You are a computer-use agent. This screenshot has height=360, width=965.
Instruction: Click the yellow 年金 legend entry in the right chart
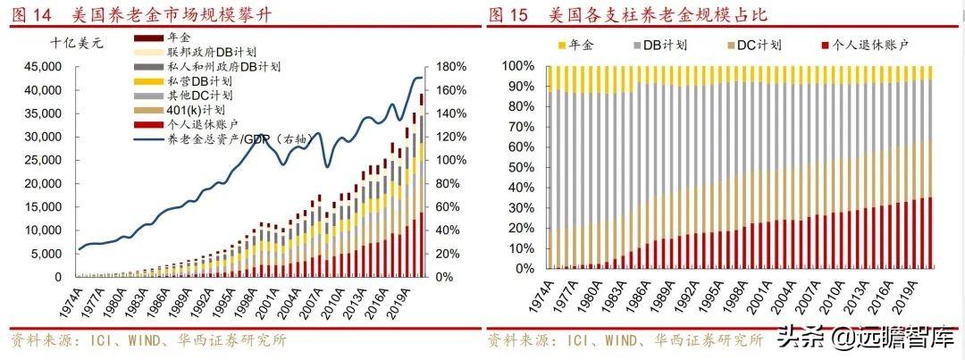pyautogui.click(x=581, y=44)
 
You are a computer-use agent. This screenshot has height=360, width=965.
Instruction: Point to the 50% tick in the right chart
pyautogui.click(x=517, y=167)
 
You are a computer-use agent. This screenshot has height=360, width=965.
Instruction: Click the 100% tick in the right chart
pyautogui.click(x=515, y=67)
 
